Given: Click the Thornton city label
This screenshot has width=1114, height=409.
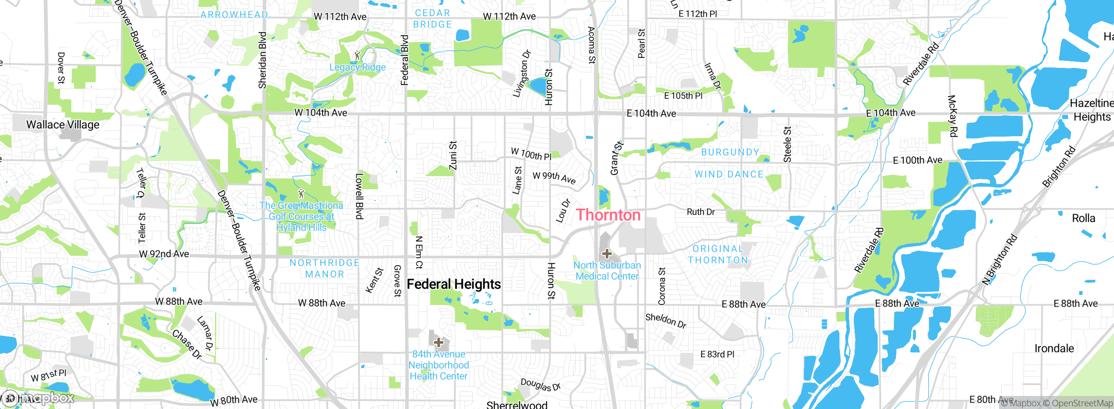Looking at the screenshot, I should coord(608,215).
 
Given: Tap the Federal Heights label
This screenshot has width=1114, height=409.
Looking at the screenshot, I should coord(453,284).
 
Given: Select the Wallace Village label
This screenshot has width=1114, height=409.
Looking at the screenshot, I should coord(63,125).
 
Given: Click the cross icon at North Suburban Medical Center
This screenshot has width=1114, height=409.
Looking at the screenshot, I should coord(607,253).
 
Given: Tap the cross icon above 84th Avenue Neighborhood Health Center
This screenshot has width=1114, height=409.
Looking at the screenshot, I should coord(439,342).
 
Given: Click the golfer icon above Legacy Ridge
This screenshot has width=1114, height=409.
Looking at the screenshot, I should coord(357,55).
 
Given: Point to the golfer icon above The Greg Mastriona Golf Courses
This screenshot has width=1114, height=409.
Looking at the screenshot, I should coord(301,193).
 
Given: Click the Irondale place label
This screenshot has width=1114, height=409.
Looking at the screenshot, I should coord(1054,349).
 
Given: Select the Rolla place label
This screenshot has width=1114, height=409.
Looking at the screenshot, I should coord(1084,218).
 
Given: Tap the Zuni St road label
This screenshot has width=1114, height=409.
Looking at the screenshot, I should coord(453,155).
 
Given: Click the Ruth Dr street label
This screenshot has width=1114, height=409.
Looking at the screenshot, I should coord(701,212).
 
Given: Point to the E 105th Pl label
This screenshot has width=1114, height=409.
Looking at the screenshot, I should coord(683,96).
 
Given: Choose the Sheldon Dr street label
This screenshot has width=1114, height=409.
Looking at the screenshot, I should coord(666,320).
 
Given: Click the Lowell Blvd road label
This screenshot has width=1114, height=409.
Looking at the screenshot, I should coord(359,196).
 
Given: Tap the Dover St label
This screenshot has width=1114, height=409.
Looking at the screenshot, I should coord(61,68).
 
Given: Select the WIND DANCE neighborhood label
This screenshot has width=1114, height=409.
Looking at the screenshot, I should coord(729,174).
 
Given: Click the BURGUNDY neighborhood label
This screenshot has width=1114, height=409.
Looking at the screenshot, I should coord(730,152).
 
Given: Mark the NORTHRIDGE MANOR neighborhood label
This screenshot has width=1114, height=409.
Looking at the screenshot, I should coord(325,268).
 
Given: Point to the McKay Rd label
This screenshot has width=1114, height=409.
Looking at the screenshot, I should coord(953,116).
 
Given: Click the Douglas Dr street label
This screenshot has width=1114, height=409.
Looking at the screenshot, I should coord(540,385).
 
